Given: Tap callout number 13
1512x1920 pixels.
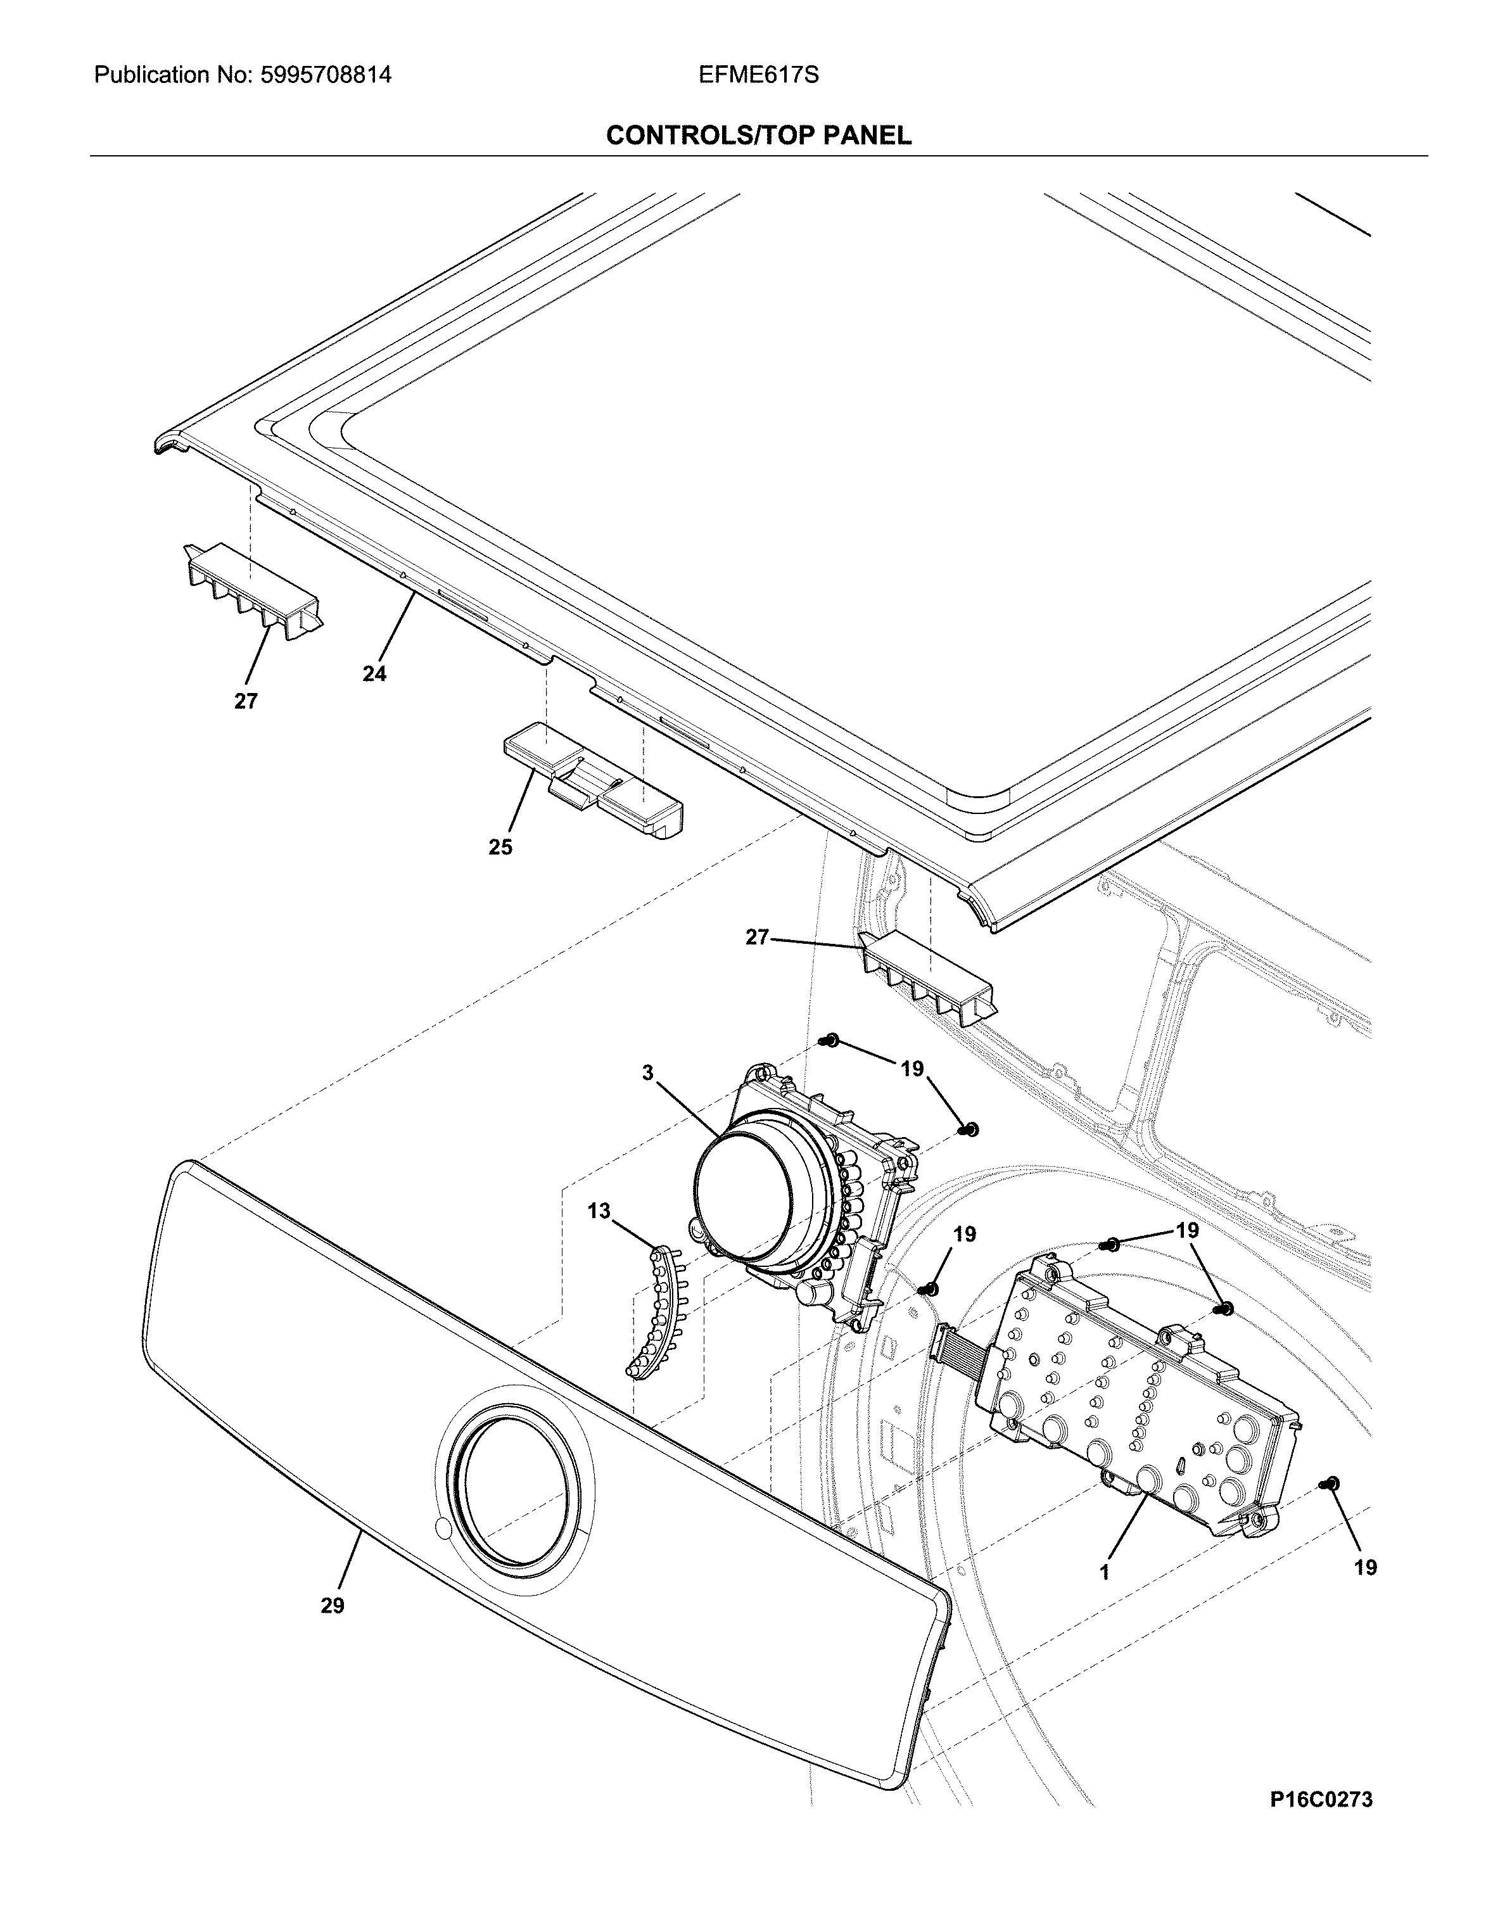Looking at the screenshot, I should [x=599, y=1210].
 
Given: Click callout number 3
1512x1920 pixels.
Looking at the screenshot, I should [x=648, y=1073].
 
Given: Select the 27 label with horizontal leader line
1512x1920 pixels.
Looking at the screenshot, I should [x=757, y=938].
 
